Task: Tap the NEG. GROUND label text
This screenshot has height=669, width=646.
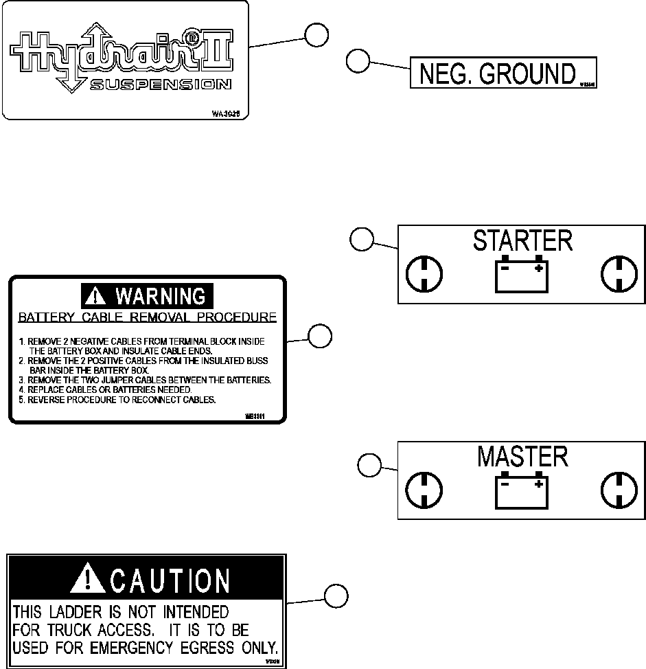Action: click(x=496, y=73)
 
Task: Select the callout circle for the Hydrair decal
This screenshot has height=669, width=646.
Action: click(x=316, y=35)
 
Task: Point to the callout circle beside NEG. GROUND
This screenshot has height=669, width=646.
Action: click(x=357, y=60)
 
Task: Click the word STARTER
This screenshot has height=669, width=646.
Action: click(x=522, y=241)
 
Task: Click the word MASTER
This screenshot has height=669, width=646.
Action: click(x=522, y=457)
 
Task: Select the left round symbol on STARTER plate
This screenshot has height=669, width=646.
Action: click(x=424, y=275)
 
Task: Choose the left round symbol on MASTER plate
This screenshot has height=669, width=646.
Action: click(x=424, y=490)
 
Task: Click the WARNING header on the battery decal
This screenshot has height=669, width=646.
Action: click(x=148, y=297)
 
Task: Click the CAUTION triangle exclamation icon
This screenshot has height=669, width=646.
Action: click(x=87, y=580)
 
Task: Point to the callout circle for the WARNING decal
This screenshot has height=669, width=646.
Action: click(x=319, y=337)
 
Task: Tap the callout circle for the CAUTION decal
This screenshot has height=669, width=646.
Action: click(x=335, y=596)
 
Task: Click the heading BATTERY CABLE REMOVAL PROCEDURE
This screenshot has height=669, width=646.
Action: click(x=147, y=317)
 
